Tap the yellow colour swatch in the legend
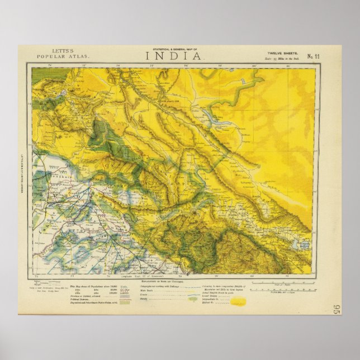point(238,301)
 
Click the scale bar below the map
point(282,283)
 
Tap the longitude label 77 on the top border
point(151,65)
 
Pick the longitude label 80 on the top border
point(254,65)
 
